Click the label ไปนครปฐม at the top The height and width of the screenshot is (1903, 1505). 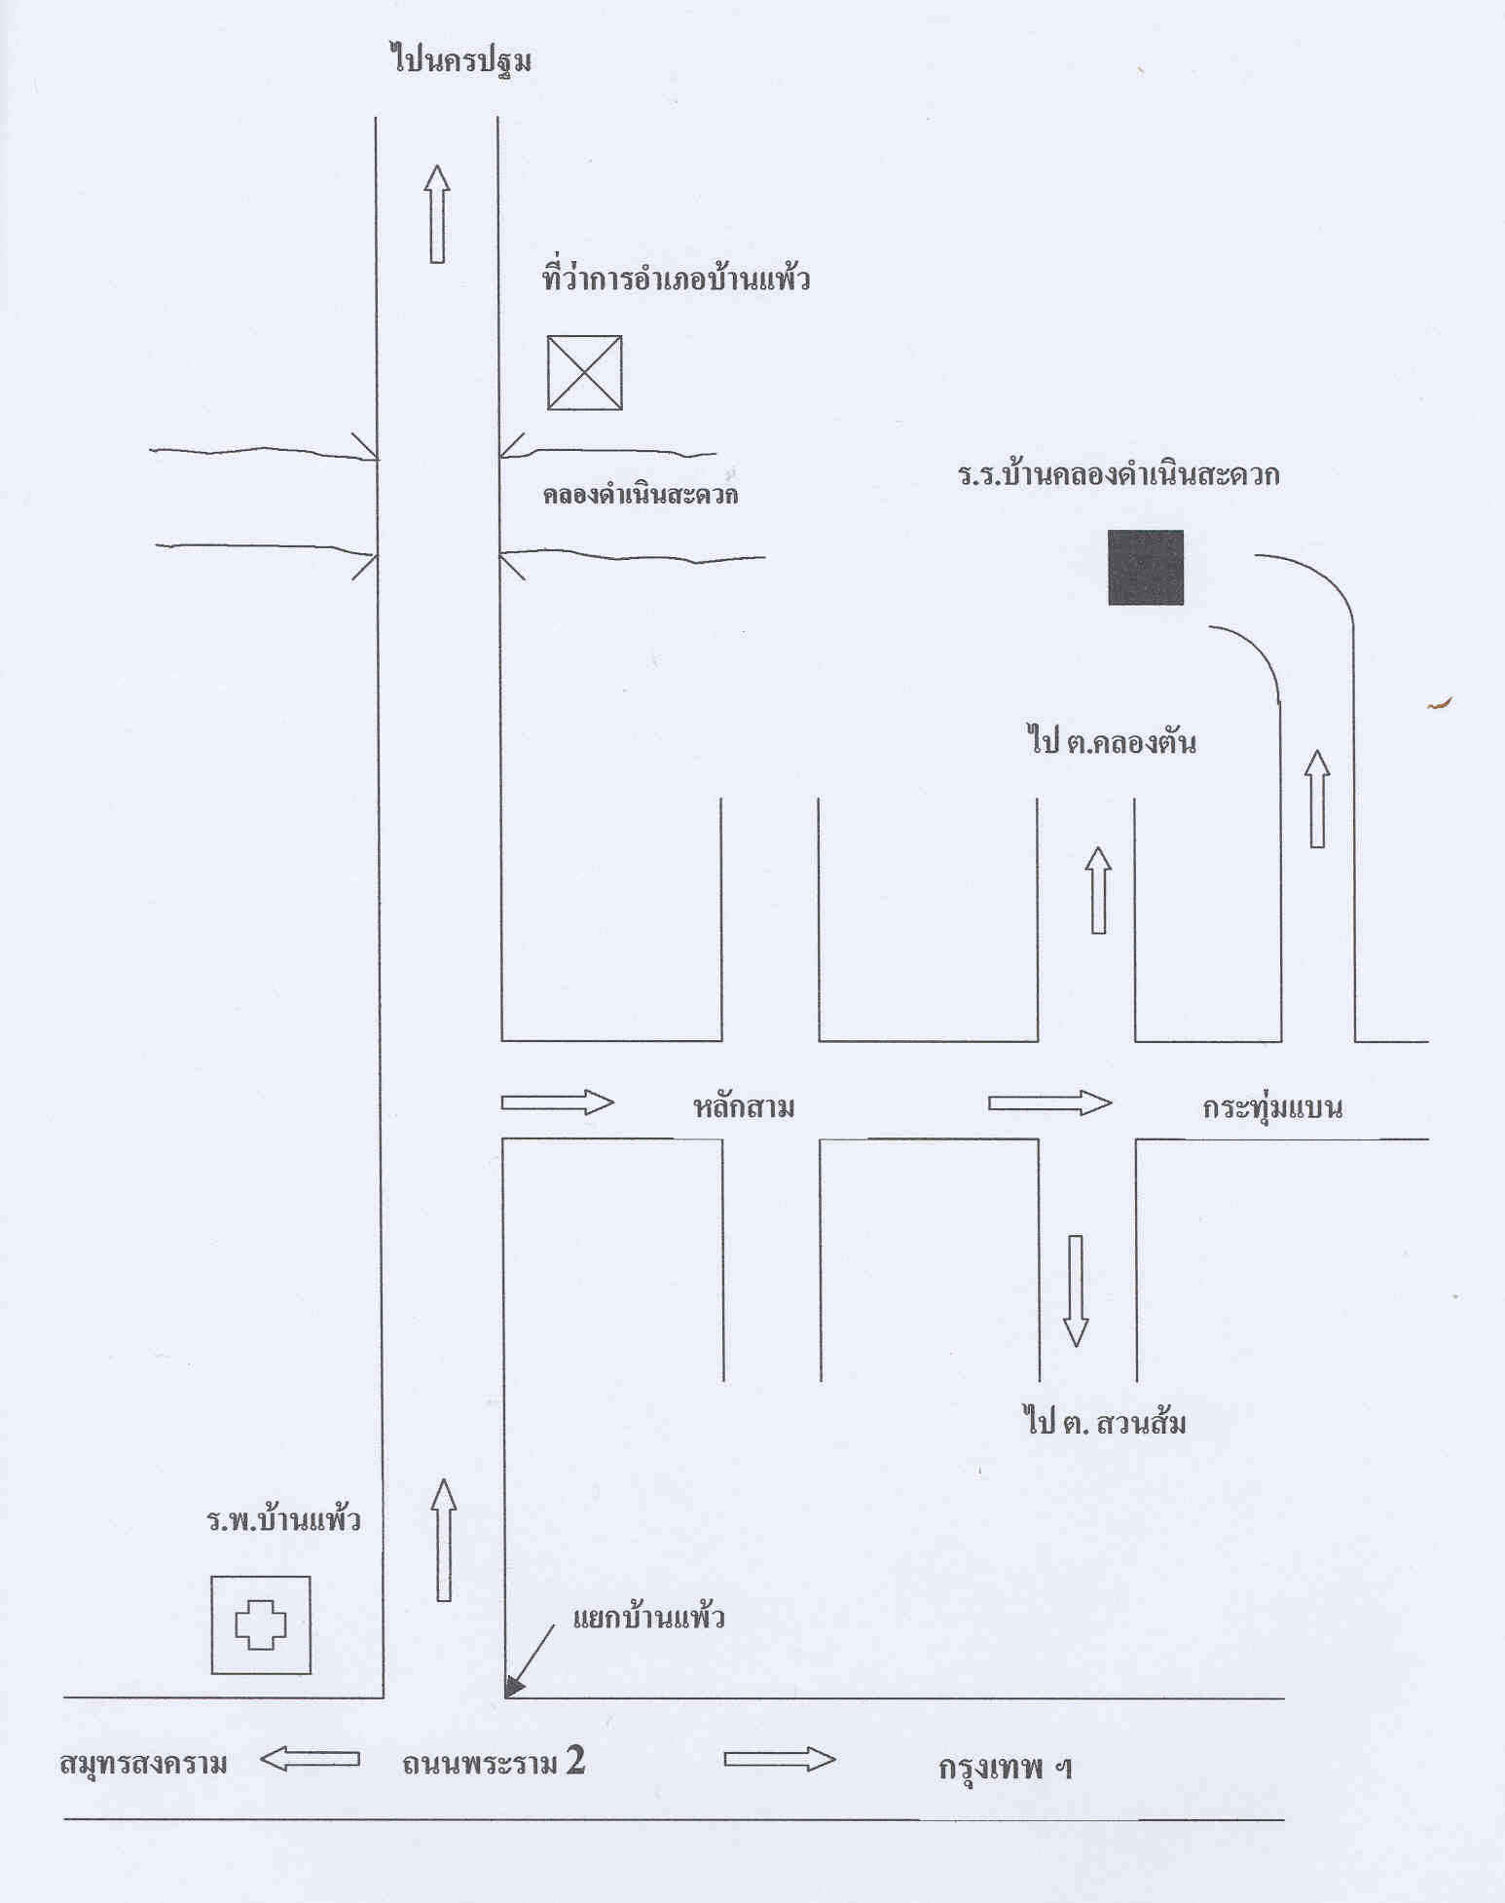461,61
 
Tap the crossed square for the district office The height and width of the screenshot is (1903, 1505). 584,373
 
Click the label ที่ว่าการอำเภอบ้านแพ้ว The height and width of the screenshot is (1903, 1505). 676,280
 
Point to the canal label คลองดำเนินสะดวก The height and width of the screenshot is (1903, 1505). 640,495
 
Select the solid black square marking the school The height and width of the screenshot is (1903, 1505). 1146,568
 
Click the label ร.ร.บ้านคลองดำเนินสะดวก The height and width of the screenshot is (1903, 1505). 1119,475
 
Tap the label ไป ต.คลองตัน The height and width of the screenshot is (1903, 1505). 1111,742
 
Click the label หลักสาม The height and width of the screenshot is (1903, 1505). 744,1107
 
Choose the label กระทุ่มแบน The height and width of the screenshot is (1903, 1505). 1271,1107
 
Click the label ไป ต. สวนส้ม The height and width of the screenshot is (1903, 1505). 1105,1423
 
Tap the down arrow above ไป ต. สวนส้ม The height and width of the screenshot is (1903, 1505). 1076,1290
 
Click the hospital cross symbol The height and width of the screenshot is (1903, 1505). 261,1624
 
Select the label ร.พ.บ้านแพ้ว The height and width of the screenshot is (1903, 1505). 283,1519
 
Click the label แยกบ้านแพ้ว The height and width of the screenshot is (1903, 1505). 648,1619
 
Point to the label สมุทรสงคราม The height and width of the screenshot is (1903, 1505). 143,1763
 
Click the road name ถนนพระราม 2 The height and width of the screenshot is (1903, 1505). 494,1761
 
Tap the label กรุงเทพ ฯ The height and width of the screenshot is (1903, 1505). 1005,1767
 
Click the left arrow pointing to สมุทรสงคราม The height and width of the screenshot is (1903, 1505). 310,1759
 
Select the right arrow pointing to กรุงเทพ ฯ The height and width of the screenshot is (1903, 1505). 780,1759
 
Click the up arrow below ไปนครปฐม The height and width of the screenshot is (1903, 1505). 437,213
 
